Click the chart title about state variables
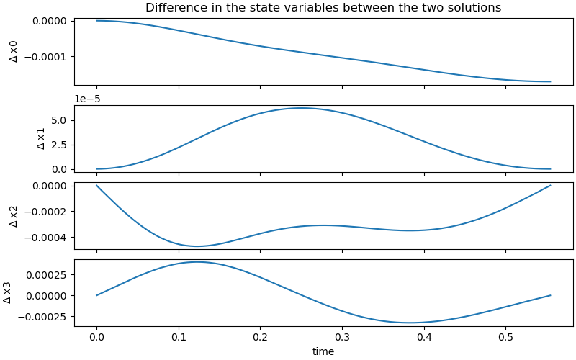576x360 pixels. coord(323,8)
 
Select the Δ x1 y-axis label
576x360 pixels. coord(40,138)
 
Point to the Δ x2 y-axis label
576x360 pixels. coord(14,215)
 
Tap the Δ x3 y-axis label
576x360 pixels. coord(7,292)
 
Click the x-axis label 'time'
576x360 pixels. coord(323,351)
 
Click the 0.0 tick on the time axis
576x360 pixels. coord(96,338)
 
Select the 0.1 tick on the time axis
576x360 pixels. coord(179,338)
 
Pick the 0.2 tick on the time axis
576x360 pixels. coord(261,338)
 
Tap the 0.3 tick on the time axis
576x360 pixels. coord(342,338)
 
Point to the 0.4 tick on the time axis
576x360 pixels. coord(424,338)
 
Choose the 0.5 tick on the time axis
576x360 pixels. coord(505,338)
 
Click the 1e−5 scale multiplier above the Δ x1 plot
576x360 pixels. coord(89,99)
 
